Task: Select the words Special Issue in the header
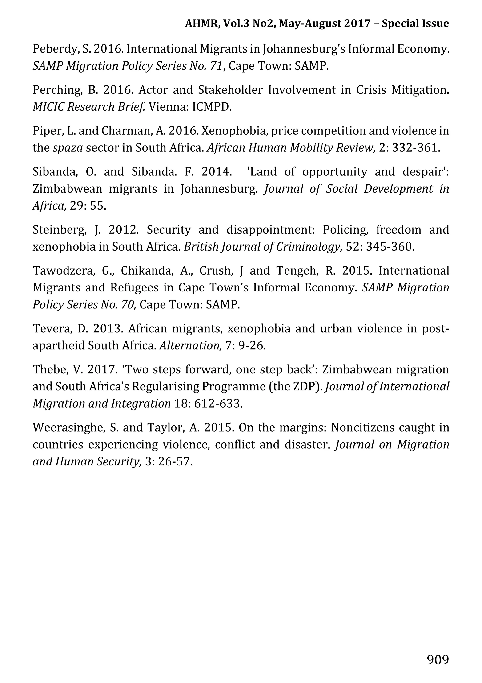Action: [415, 24]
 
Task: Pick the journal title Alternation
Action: [190, 346]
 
